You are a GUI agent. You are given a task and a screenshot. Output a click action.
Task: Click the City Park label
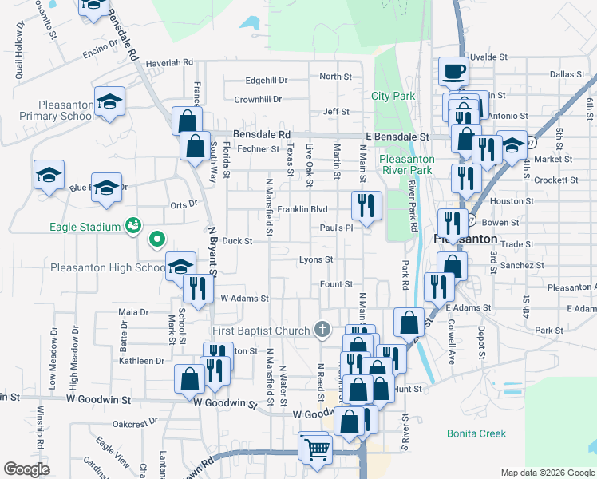393,96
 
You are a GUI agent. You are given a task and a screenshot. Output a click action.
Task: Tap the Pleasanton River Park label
408,164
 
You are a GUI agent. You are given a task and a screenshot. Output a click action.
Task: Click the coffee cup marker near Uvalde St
453,72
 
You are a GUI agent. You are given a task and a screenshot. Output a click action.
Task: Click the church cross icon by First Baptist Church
322,329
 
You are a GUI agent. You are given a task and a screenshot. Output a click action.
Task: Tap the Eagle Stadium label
84,227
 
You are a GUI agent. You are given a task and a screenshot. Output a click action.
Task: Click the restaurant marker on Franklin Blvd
367,206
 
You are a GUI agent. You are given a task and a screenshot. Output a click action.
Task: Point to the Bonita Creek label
476,433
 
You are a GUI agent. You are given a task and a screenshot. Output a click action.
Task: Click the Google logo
27,469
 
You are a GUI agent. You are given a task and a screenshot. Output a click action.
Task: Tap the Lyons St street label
315,259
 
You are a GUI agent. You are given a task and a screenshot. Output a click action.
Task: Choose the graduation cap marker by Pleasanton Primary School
109,102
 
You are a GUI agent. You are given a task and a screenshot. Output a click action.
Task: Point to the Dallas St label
567,73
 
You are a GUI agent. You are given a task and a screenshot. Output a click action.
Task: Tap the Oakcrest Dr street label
132,424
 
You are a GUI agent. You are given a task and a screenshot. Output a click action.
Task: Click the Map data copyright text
547,473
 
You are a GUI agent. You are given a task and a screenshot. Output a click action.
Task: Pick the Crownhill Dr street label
258,99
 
